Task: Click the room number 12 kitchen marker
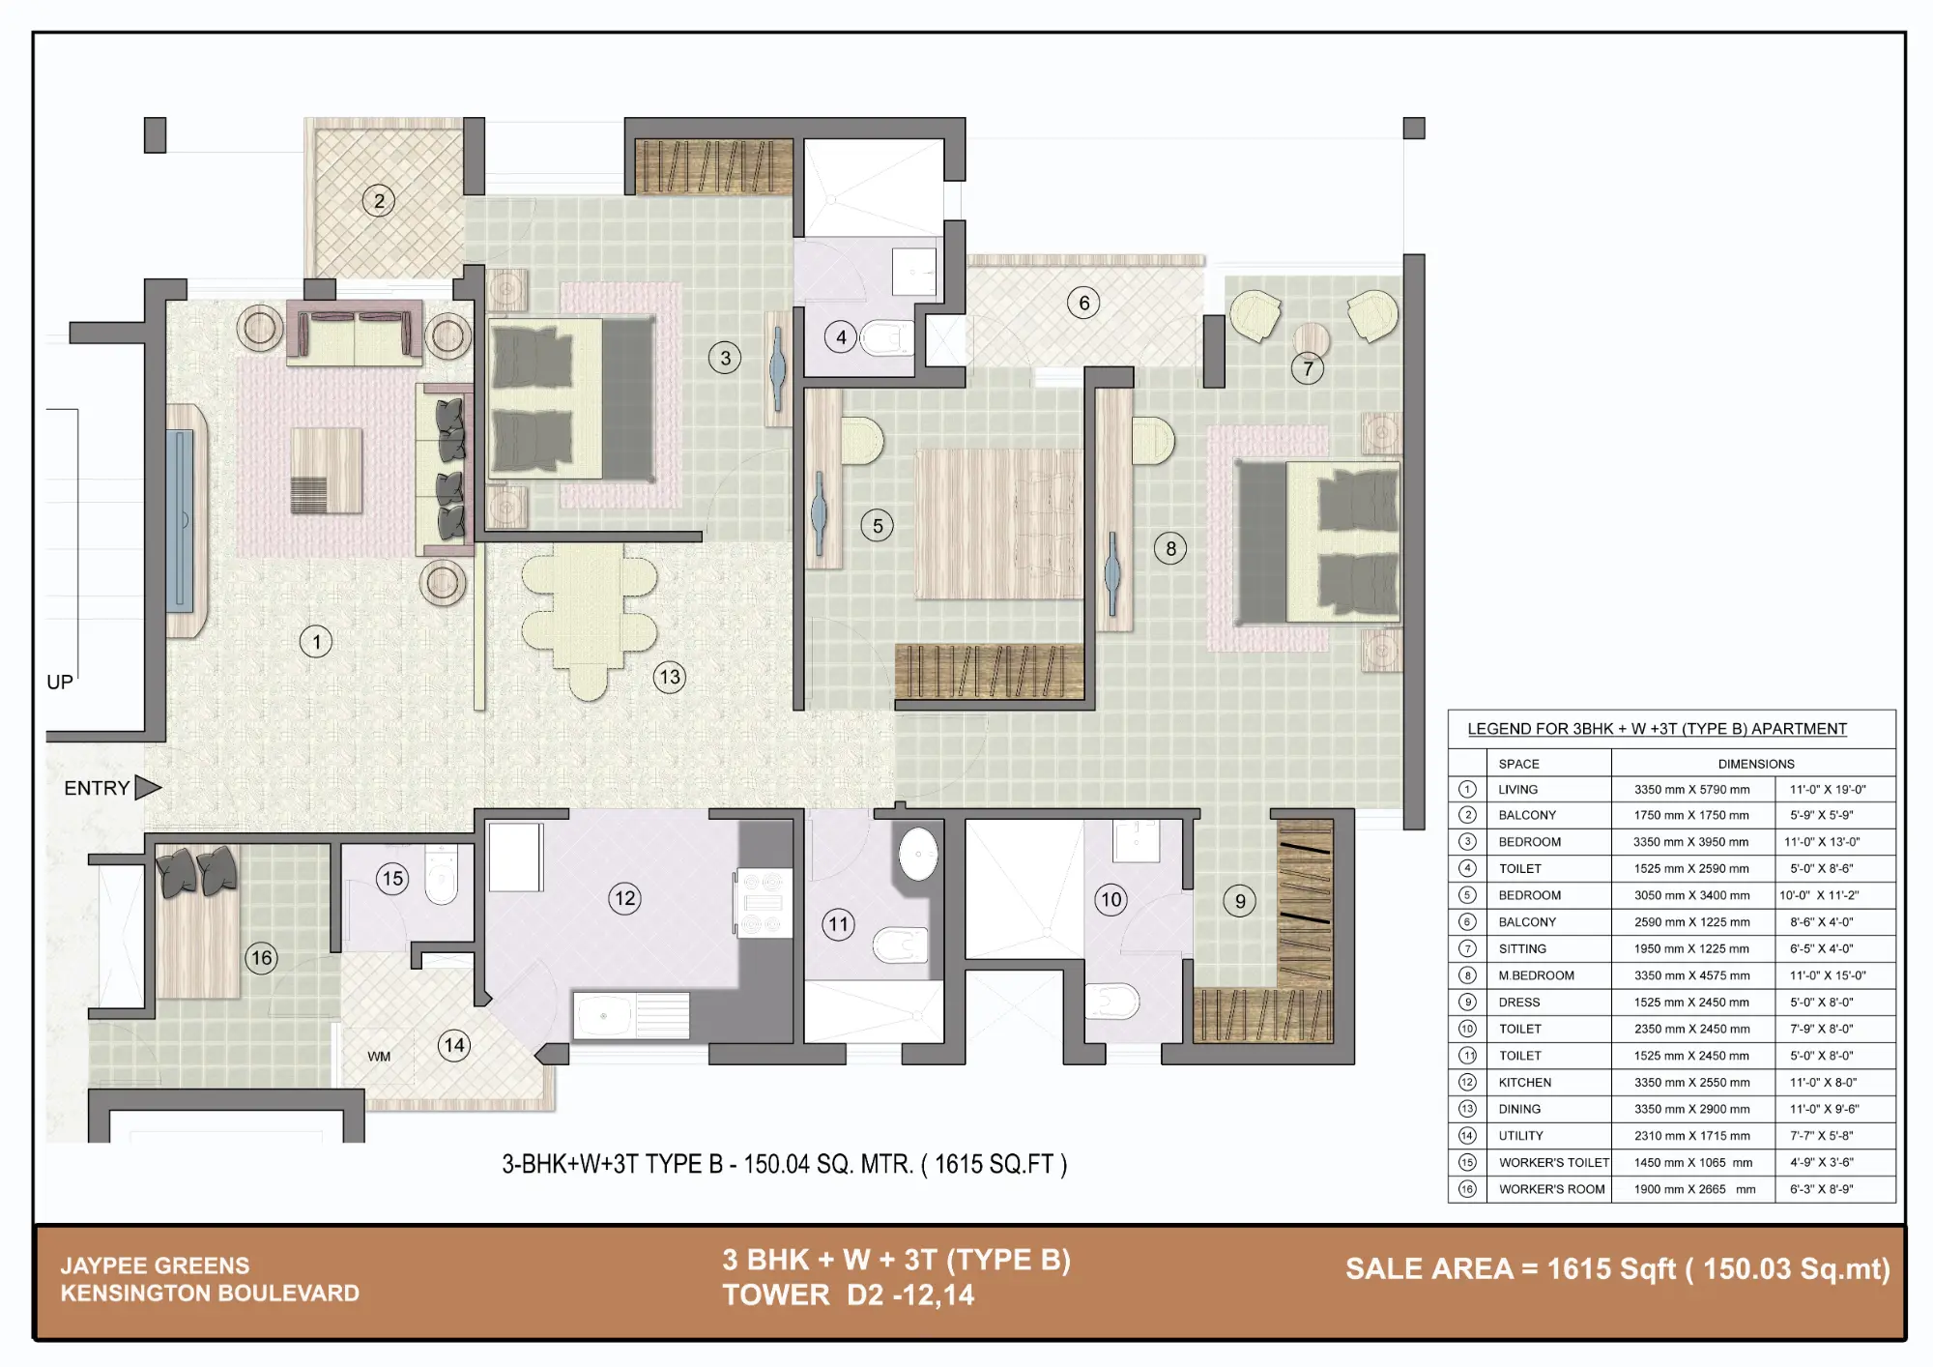[x=625, y=898]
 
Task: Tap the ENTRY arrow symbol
[x=147, y=788]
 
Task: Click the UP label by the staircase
[x=60, y=683]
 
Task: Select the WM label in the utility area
[x=379, y=1057]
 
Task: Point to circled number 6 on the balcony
[x=1083, y=303]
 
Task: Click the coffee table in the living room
[x=327, y=471]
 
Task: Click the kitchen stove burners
[x=763, y=903]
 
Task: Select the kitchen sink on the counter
[x=605, y=1016]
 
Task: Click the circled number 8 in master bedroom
[x=1170, y=549]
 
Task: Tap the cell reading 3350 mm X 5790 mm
[x=1691, y=790]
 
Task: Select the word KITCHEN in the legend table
[x=1526, y=1083]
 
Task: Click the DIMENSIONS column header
[x=1756, y=764]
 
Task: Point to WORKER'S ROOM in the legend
[x=1551, y=1190]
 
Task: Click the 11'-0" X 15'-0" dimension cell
[x=1827, y=975]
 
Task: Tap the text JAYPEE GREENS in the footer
[x=155, y=1265]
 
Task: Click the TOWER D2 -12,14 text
[x=848, y=1295]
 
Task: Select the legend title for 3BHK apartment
[x=1657, y=729]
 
